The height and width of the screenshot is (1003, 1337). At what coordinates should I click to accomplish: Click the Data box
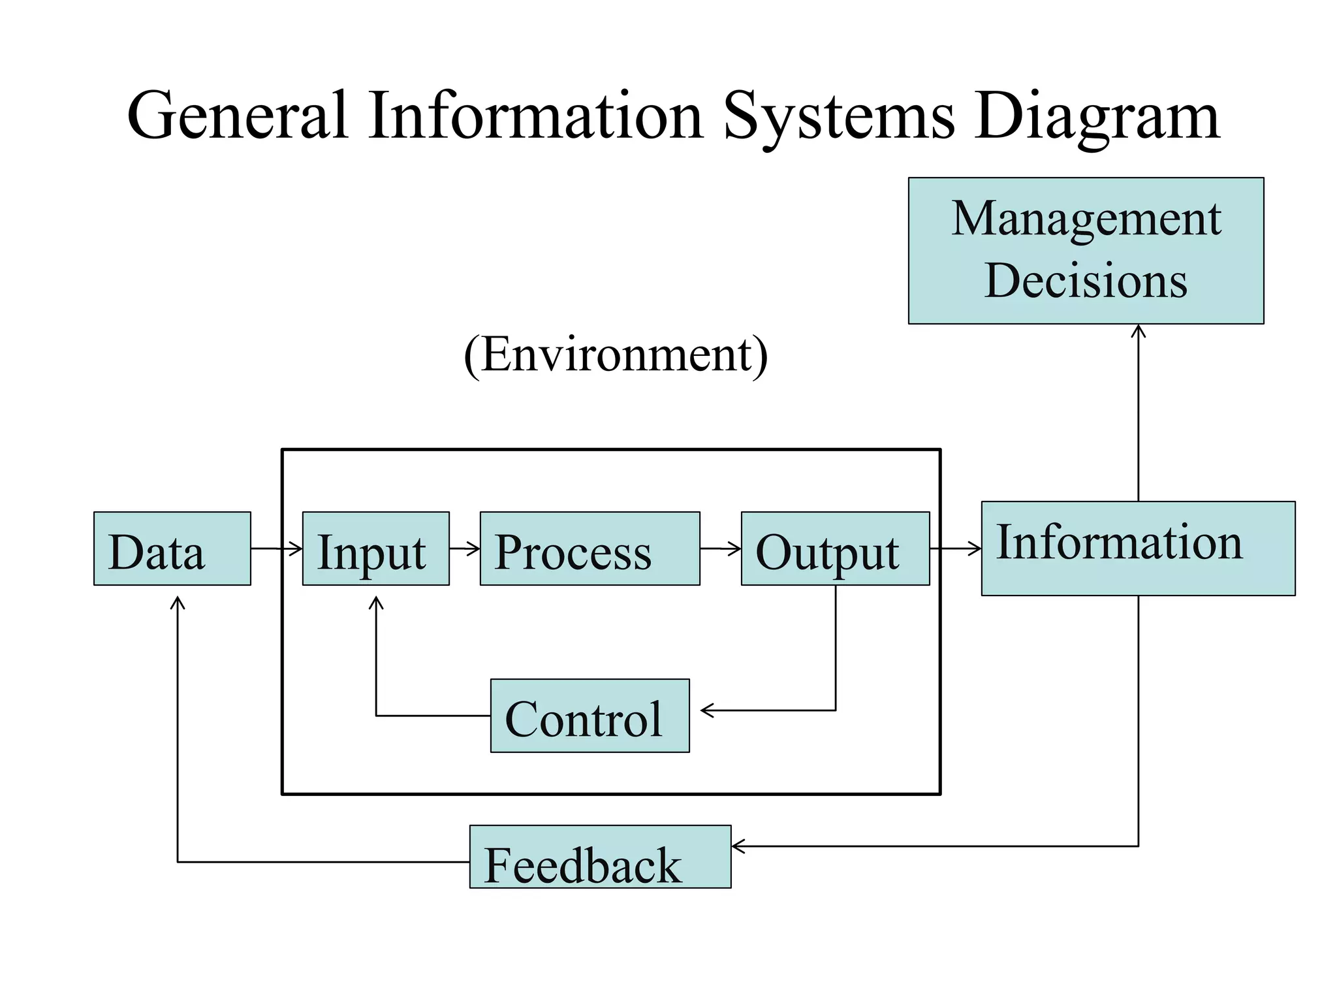pyautogui.click(x=172, y=549)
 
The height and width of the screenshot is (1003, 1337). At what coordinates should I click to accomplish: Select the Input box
pyautogui.click(x=375, y=549)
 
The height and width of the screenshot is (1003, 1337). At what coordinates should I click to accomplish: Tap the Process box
pyautogui.click(x=590, y=549)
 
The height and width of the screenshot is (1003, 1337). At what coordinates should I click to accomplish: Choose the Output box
pyautogui.click(x=835, y=549)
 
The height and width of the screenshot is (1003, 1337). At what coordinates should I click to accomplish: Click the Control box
pyautogui.click(x=590, y=716)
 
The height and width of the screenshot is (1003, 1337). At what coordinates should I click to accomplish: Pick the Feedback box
pyautogui.click(x=600, y=857)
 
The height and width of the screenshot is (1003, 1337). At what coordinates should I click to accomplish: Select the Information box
pyautogui.click(x=1138, y=549)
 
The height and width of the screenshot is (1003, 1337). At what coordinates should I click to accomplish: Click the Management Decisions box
pyautogui.click(x=1086, y=251)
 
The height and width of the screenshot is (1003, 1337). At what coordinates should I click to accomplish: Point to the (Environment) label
pyautogui.click(x=616, y=355)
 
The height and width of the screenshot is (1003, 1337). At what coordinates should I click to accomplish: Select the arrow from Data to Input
pyautogui.click(x=276, y=549)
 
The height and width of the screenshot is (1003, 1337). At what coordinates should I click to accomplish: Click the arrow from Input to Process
pyautogui.click(x=465, y=549)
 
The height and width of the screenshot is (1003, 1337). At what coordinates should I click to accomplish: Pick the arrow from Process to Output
pyautogui.click(x=721, y=549)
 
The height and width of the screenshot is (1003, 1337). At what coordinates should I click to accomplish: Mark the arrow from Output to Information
pyautogui.click(x=956, y=549)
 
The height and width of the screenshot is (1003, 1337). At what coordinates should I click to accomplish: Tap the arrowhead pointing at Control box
pyautogui.click(x=706, y=710)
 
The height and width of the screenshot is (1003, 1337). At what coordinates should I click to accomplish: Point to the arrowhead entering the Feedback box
pyautogui.click(x=738, y=846)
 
